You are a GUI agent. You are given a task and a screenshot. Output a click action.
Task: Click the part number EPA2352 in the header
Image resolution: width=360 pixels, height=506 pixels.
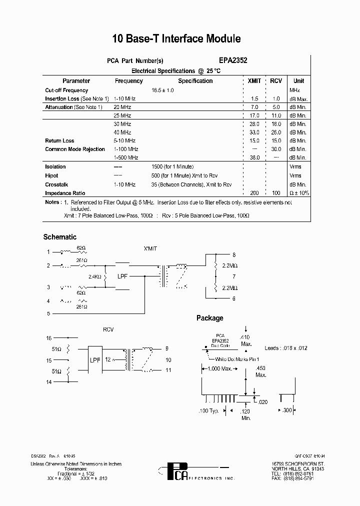233,60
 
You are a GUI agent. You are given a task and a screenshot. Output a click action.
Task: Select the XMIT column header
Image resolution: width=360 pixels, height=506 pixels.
254,81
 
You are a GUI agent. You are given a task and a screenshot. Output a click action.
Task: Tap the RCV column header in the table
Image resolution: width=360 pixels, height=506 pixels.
276,81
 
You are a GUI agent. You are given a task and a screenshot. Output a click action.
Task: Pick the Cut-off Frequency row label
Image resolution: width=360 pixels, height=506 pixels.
66,90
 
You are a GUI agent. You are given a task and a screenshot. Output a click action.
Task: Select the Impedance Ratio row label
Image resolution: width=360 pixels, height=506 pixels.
65,193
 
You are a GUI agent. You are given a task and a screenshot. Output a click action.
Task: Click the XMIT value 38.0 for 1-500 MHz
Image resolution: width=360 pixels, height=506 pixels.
254,158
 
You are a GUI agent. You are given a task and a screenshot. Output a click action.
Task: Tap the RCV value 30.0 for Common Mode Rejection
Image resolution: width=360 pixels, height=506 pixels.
276,149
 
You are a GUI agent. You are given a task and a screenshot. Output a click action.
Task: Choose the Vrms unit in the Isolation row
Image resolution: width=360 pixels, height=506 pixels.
295,167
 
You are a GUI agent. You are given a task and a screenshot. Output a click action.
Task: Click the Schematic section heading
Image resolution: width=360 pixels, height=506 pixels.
60,237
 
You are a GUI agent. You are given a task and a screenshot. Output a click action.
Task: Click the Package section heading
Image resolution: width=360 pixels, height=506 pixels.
209,318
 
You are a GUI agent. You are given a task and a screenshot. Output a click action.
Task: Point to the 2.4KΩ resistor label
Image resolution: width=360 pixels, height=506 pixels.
95,276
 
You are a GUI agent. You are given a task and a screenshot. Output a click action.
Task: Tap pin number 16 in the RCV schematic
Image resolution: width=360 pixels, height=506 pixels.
48,338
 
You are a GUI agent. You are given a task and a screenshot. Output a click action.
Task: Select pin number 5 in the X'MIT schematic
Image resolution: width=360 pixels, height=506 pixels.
48,314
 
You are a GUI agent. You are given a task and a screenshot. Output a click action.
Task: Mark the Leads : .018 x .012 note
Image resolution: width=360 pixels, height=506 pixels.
286,348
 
